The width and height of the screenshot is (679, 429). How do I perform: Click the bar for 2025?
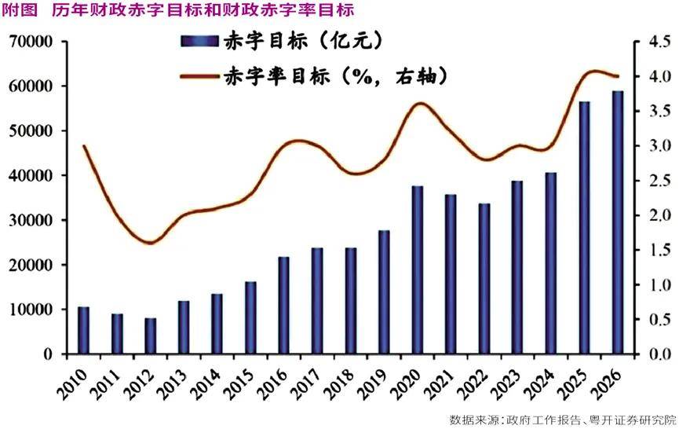tap(584, 228)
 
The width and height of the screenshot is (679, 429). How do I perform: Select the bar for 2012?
tap(150, 336)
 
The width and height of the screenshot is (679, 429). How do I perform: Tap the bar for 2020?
tap(418, 270)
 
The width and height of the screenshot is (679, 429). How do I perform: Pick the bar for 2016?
tap(283, 306)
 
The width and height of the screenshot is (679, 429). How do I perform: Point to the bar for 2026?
tap(618, 223)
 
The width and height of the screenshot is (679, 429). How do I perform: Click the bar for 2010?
tap(83, 331)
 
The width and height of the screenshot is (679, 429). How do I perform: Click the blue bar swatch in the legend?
tap(199, 41)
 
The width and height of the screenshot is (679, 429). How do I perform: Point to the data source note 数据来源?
tap(562, 418)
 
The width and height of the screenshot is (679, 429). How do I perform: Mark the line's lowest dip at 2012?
tap(150, 243)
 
